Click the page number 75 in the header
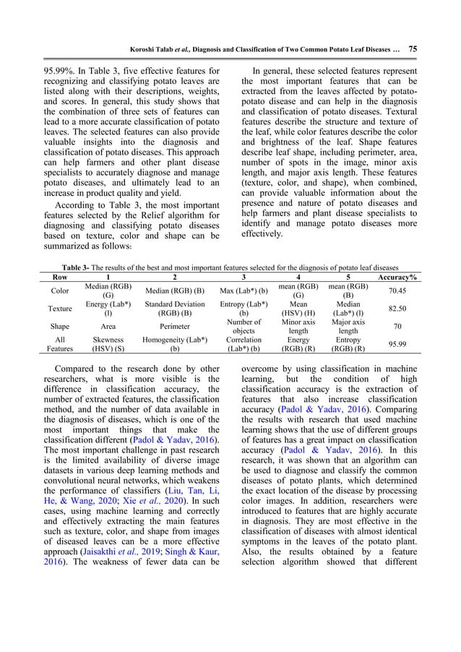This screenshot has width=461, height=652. (x=413, y=49)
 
